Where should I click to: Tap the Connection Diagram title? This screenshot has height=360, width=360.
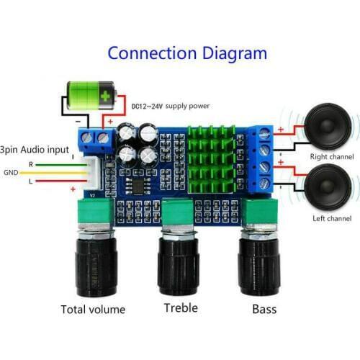click(187, 53)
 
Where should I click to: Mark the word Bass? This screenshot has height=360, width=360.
click(264, 310)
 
